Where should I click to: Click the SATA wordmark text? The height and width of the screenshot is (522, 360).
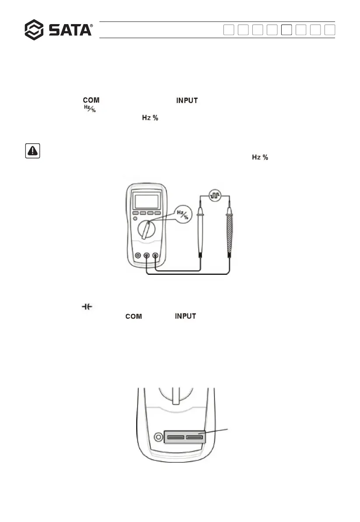70,30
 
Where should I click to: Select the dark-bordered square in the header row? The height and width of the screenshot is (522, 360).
286,30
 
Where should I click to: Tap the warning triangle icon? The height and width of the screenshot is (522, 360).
31,151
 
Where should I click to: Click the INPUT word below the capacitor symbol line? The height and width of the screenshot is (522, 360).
185,316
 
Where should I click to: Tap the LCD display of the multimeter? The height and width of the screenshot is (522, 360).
146,201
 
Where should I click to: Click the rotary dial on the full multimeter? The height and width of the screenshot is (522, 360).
147,230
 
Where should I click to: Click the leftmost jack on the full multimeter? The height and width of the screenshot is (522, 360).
138,255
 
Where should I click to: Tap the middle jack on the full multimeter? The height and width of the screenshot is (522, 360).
146,255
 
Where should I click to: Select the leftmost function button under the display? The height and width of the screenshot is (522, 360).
136,213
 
